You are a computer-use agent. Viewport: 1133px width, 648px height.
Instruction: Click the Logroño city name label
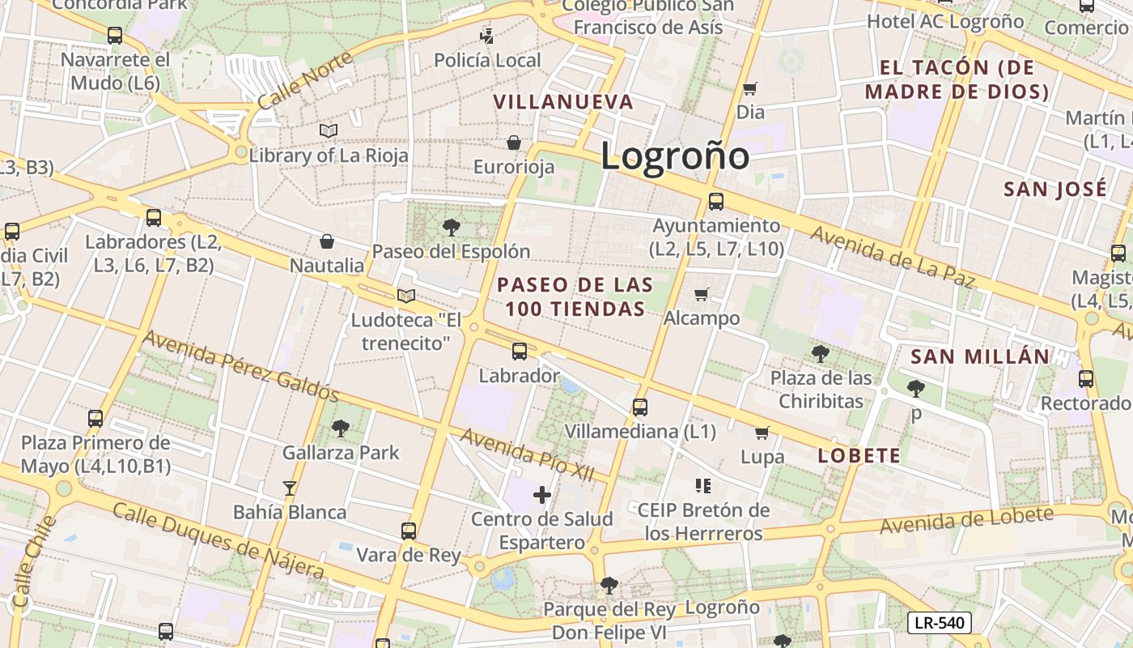(674, 155)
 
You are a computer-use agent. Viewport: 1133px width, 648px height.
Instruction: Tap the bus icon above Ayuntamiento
(715, 202)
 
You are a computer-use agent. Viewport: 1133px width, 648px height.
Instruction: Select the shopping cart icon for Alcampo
(701, 294)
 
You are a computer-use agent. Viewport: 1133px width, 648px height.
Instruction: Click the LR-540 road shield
(939, 622)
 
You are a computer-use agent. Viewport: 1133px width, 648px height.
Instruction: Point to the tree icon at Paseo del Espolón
(451, 228)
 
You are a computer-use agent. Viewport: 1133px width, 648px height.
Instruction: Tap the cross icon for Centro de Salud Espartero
(542, 495)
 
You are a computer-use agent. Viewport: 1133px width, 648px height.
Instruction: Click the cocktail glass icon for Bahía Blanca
(290, 488)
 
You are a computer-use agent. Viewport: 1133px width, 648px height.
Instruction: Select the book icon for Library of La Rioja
(328, 130)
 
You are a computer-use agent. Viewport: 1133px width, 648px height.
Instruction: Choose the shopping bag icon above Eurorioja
(513, 143)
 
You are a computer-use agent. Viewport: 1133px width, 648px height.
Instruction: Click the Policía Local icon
(486, 36)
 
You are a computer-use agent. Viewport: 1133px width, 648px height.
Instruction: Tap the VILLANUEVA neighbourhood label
(563, 102)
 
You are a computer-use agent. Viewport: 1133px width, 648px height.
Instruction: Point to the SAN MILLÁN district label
(979, 356)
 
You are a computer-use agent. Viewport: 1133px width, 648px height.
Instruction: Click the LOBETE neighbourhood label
(859, 455)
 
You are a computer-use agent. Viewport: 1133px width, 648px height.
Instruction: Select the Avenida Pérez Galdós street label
(240, 365)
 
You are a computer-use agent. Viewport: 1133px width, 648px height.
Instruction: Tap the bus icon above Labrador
(519, 352)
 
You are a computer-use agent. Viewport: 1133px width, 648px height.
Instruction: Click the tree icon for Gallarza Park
(341, 428)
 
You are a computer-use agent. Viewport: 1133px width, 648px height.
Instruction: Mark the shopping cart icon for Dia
(750, 88)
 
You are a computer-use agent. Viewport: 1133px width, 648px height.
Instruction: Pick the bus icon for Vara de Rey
(409, 531)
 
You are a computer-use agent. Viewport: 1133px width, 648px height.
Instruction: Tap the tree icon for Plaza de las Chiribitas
(820, 353)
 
